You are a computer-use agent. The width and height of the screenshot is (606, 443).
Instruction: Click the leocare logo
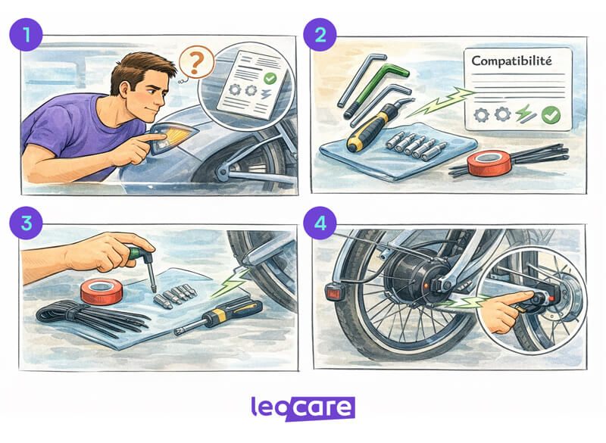(x=302, y=408)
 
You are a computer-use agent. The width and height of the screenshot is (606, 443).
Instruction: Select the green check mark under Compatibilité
(x=550, y=114)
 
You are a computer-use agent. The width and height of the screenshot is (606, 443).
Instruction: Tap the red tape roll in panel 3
(x=101, y=290)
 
